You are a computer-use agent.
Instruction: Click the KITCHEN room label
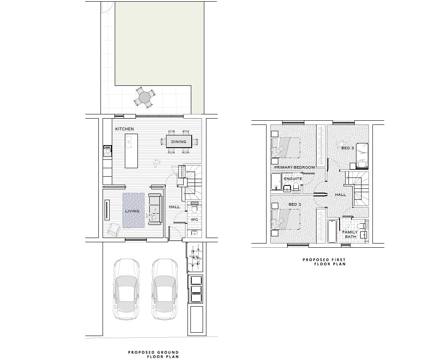coord(124,129)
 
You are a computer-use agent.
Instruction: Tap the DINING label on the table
coord(179,142)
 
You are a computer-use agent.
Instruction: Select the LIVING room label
coord(132,211)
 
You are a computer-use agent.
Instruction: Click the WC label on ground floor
coord(194,220)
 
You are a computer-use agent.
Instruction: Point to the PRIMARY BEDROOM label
coord(294,167)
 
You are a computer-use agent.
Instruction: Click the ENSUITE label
coord(293,179)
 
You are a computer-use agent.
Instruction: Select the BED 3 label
coord(348,148)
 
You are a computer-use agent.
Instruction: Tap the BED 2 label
coord(295,204)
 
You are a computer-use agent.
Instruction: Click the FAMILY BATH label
coord(350,234)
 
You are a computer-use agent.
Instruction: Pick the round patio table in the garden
coord(145,98)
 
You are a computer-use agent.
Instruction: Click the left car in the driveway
coord(126,290)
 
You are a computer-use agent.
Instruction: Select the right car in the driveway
coord(164,290)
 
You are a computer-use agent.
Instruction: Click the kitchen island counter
coord(131,151)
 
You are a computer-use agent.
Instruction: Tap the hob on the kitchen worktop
coord(108,151)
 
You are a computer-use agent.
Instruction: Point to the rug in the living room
coord(133,210)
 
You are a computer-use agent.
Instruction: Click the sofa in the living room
coord(156,208)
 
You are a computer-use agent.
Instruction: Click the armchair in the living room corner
coord(114,229)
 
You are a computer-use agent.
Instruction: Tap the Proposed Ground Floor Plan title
coord(153,355)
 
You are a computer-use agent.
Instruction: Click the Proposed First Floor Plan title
coord(324,262)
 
